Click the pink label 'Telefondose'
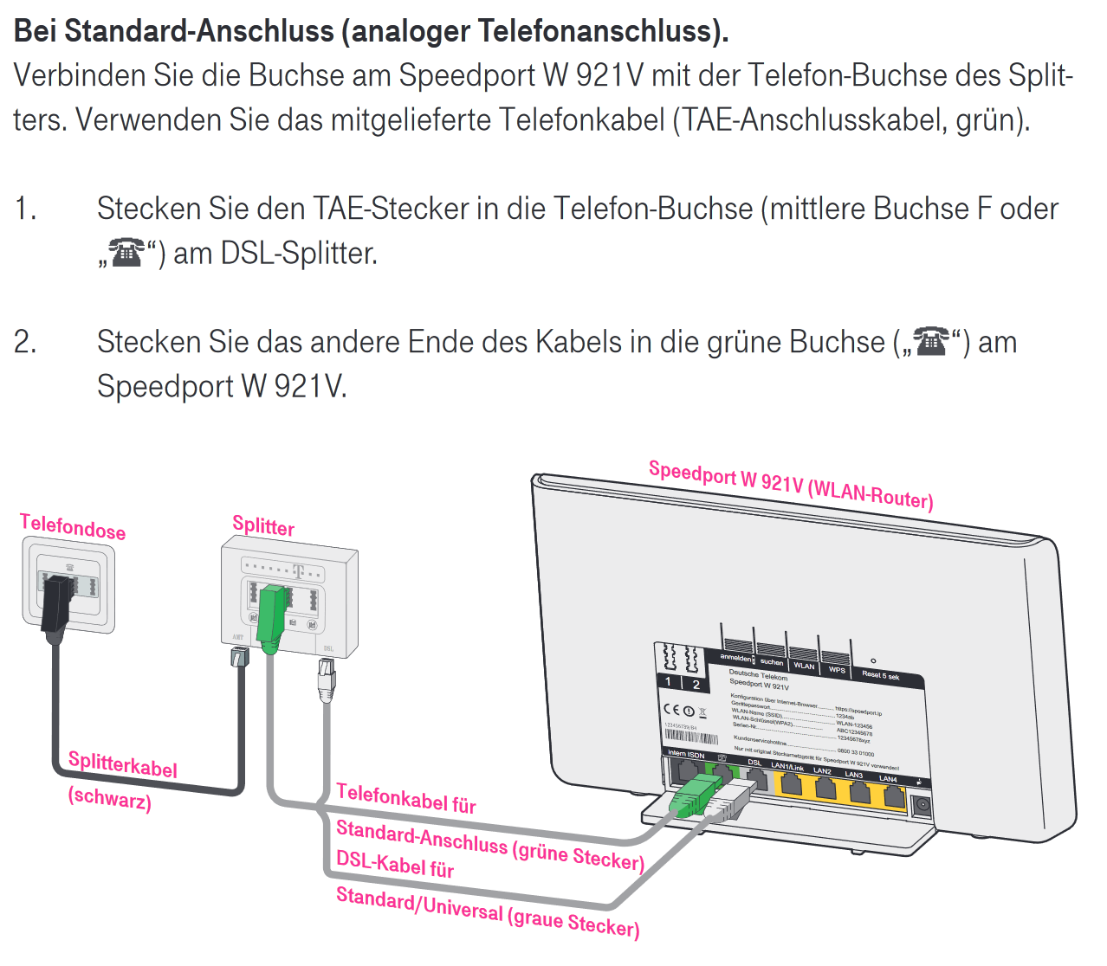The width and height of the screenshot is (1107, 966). click(x=73, y=526)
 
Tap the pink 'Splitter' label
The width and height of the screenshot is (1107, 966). click(x=263, y=525)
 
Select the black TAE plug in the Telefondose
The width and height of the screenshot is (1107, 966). click(x=55, y=602)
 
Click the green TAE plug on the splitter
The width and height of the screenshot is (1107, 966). click(x=271, y=616)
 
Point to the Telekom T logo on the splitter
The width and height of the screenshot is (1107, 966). click(x=299, y=571)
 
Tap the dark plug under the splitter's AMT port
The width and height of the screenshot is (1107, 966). click(x=239, y=657)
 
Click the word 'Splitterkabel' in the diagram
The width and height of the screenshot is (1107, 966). click(x=122, y=764)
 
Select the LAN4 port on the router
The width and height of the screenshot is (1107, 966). click(x=892, y=792)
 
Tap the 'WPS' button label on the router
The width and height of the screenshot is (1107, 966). click(x=837, y=669)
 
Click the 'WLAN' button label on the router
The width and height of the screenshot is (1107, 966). click(x=804, y=666)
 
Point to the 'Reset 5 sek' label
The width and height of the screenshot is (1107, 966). click(x=880, y=675)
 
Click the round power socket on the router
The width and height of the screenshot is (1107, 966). click(x=922, y=805)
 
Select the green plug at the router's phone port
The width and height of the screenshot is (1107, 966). click(x=696, y=795)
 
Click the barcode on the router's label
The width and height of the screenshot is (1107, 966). click(x=691, y=737)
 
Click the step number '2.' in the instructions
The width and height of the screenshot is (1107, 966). click(x=26, y=343)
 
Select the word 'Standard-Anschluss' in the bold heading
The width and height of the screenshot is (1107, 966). click(x=199, y=31)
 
